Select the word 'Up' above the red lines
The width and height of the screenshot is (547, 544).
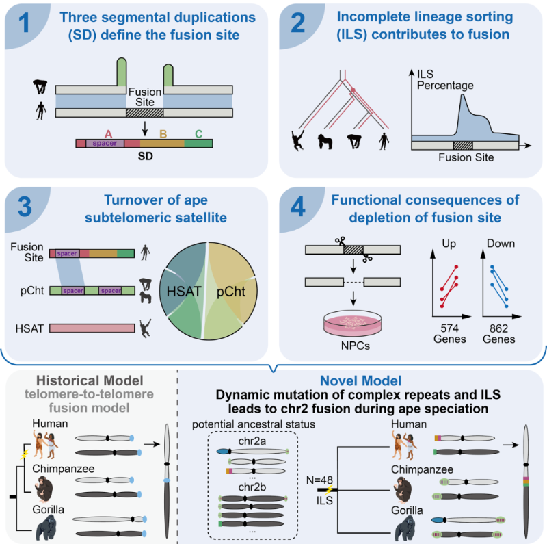pos(448,243)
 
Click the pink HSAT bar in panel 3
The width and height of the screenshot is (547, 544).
pos(92,328)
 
